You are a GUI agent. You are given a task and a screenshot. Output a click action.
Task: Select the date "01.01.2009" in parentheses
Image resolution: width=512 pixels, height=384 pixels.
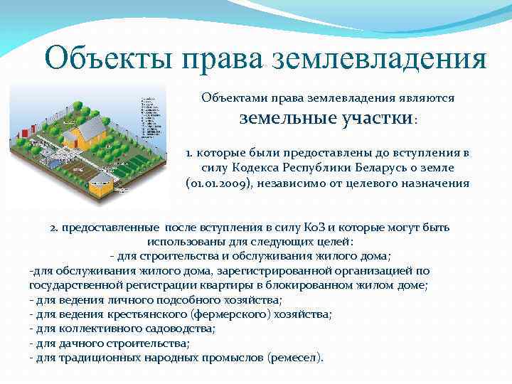[x=220, y=183]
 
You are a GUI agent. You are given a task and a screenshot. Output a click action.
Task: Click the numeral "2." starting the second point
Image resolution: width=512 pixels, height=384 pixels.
[x=55, y=228]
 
